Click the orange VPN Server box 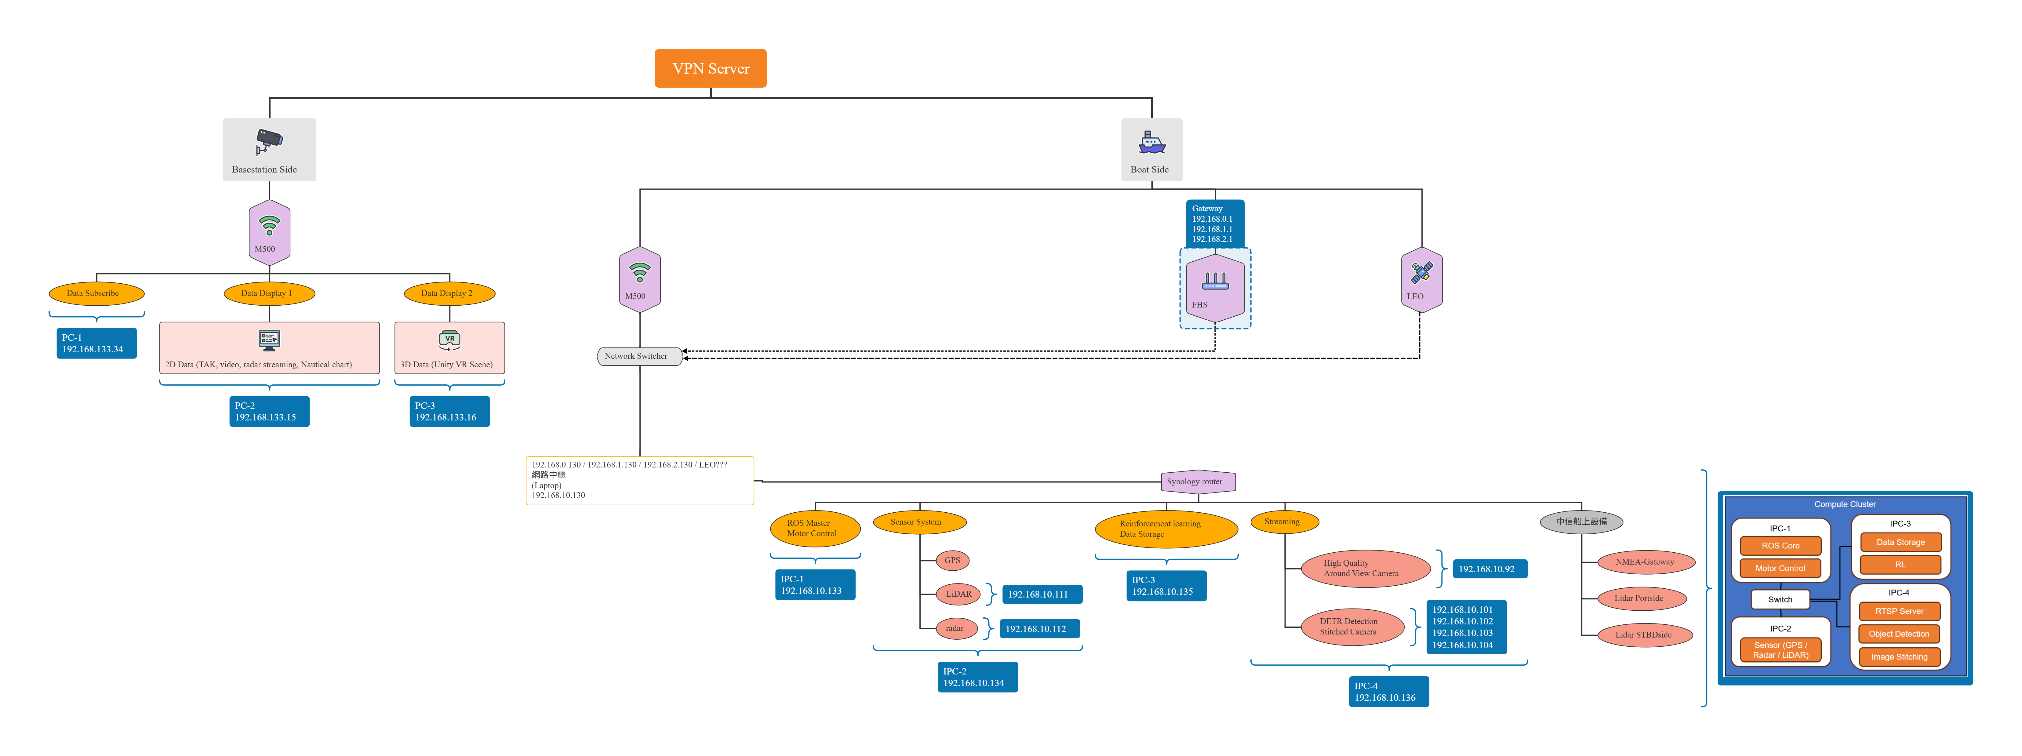tap(710, 68)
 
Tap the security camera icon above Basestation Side tap(269, 141)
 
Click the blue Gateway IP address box tap(1214, 224)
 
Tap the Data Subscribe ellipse tap(96, 294)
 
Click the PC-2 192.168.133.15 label tap(269, 411)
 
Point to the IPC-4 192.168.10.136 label tap(1388, 692)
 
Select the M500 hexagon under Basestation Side tap(269, 232)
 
